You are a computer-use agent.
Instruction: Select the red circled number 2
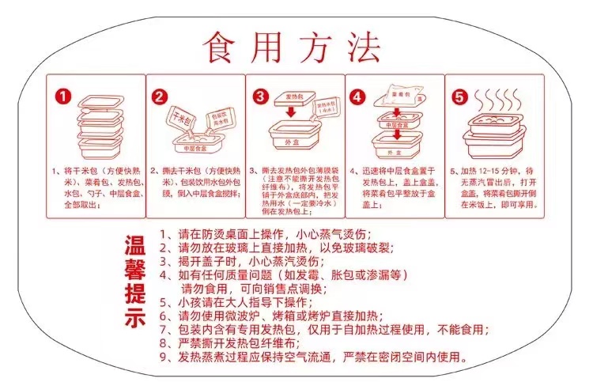click(x=161, y=96)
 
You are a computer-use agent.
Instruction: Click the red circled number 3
click(x=260, y=96)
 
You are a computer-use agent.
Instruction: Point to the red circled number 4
click(x=358, y=96)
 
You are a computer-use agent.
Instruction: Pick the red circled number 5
click(x=458, y=96)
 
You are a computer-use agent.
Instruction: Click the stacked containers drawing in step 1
click(x=100, y=127)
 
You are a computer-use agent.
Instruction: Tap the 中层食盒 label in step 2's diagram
click(x=195, y=149)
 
